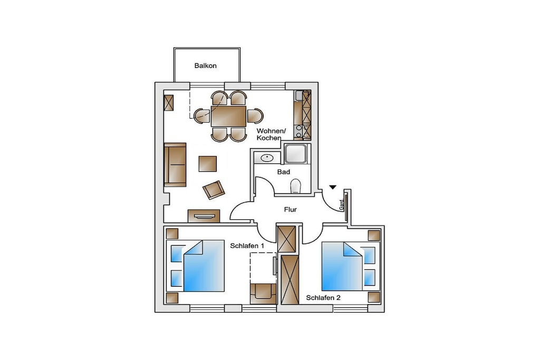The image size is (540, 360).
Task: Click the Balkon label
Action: pos(205,66)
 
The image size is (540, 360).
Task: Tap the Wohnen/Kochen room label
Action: pos(271,134)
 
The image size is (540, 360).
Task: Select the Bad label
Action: pos(284,172)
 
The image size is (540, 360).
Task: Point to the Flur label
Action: pos(291,209)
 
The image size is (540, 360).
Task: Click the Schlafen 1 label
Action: pos(247,246)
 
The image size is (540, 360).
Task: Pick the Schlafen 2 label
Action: pos(323,298)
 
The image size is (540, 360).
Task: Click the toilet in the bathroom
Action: pos(296,186)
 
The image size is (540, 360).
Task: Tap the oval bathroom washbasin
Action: pos(267,158)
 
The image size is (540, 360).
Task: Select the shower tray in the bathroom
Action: pos(295,154)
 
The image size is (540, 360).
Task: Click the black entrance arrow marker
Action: pos(332,187)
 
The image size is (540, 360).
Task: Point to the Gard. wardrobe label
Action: pos(342,205)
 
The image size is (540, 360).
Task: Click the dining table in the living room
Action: pos(229,116)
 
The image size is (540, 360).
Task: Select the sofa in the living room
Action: pos(175,164)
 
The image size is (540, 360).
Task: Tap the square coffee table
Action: pos(208,164)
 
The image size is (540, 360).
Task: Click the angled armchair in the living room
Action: pos(214,190)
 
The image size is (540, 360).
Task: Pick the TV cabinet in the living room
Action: pos(204,216)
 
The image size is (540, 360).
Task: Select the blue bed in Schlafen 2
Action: pos(351,266)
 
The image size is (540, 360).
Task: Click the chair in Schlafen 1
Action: pos(263,294)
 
